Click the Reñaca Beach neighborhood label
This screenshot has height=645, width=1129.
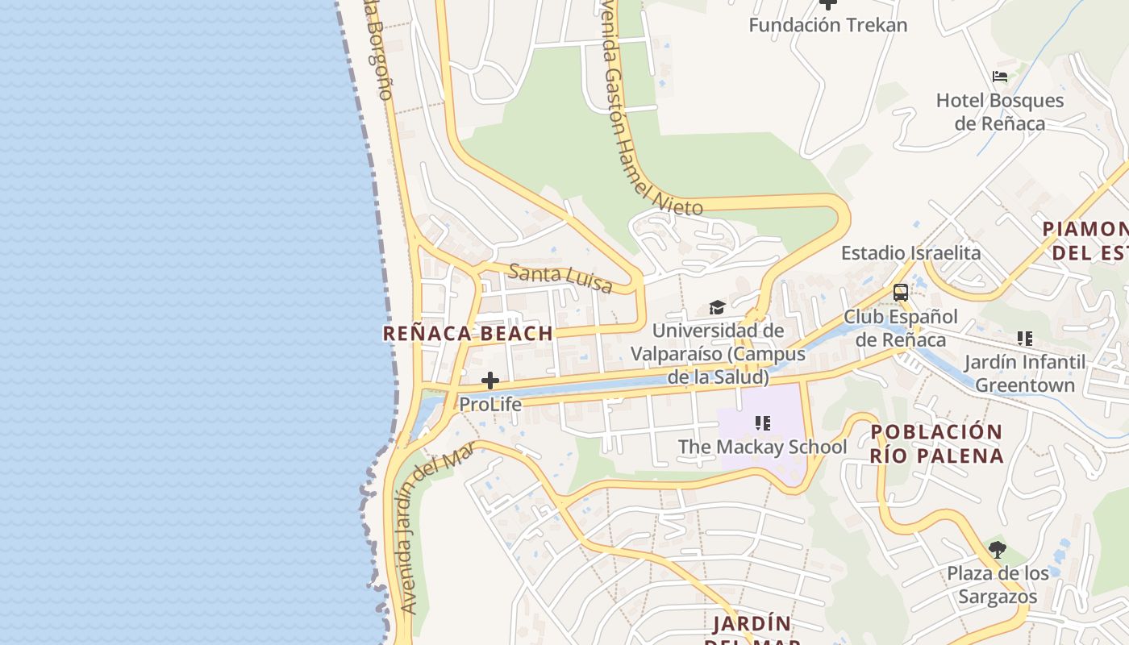point(468,333)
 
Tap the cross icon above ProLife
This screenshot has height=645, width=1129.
point(490,381)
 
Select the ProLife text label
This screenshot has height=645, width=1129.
point(490,404)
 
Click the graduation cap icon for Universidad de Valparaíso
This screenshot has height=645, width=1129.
point(717,307)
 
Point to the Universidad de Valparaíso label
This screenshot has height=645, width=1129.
point(718,354)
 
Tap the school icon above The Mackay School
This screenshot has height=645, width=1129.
point(763,422)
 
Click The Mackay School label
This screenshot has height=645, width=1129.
point(762,447)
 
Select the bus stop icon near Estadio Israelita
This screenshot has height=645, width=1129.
point(901,293)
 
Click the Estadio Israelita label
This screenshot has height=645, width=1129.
point(911,253)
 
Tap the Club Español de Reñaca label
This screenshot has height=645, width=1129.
point(901,328)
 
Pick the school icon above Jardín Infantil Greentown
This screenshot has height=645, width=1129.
point(1025,339)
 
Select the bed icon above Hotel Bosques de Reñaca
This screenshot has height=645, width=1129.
point(1000,77)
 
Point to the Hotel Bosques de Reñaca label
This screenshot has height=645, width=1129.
point(1000,112)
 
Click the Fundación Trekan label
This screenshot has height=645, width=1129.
point(828,25)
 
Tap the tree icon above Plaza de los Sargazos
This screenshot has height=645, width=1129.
point(998,550)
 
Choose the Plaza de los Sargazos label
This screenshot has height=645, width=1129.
point(998,585)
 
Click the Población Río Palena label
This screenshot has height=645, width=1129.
point(937,443)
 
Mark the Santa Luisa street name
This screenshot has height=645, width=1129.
point(560,278)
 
